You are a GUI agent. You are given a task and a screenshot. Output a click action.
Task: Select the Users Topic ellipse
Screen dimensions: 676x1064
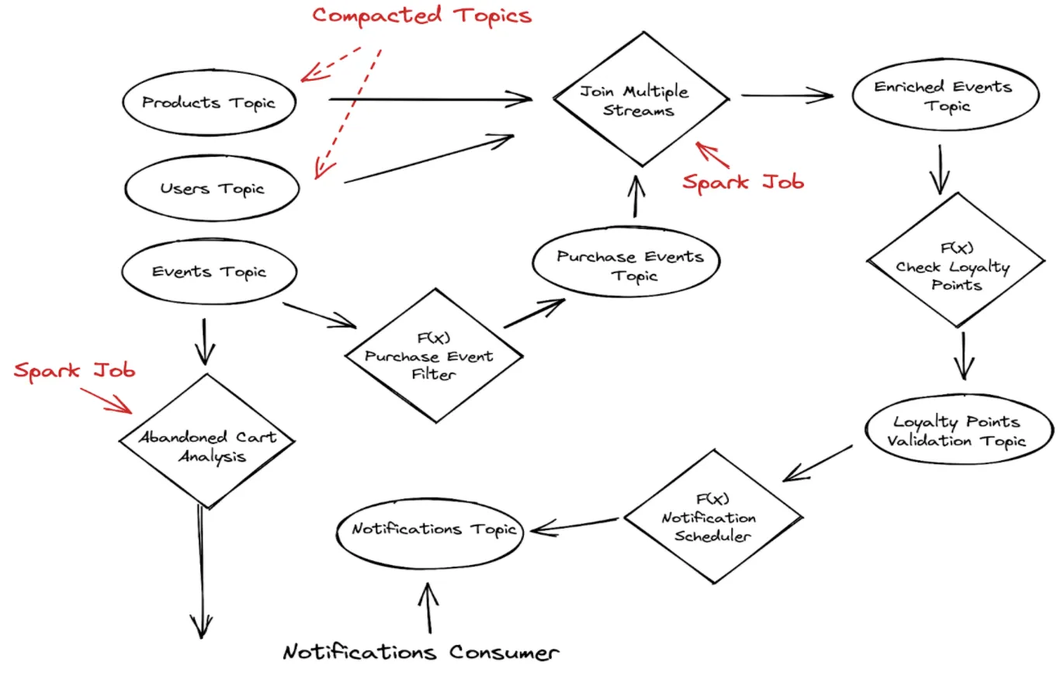pyautogui.click(x=212, y=189)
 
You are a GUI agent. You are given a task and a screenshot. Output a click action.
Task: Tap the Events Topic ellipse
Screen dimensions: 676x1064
pyautogui.click(x=209, y=272)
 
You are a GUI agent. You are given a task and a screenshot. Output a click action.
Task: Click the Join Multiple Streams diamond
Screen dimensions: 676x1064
pyautogui.click(x=640, y=100)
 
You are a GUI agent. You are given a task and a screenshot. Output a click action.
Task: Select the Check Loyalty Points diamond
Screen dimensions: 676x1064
pyautogui.click(x=954, y=266)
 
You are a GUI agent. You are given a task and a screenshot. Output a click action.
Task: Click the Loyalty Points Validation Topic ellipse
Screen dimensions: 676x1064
pyautogui.click(x=958, y=432)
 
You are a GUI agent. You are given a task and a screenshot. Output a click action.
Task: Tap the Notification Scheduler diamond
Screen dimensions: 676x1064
pyautogui.click(x=713, y=517)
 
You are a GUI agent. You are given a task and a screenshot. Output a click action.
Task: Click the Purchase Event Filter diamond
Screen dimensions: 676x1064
pyautogui.click(x=433, y=356)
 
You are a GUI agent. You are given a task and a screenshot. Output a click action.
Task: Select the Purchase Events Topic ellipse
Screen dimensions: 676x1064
pyautogui.click(x=626, y=265)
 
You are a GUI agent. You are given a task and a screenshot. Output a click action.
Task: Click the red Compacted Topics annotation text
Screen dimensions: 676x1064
pyautogui.click(x=421, y=16)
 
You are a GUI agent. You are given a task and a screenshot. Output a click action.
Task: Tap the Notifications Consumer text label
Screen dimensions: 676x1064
pyautogui.click(x=420, y=653)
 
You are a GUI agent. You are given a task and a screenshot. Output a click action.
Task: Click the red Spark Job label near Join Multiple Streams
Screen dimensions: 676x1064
pyautogui.click(x=743, y=182)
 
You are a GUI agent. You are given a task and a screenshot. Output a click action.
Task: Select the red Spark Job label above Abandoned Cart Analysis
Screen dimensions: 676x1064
pyautogui.click(x=75, y=370)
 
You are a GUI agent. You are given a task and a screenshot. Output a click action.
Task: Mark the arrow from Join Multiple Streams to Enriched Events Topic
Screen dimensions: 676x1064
pyautogui.click(x=786, y=96)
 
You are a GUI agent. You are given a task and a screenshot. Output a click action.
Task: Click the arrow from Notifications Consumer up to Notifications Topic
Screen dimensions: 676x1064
pyautogui.click(x=428, y=609)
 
